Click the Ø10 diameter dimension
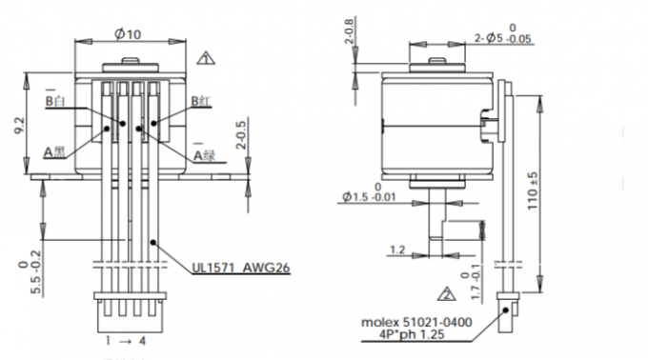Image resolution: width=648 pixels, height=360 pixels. [129, 35]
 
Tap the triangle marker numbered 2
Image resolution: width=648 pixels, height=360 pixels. [445, 291]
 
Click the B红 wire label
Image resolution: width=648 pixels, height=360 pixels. [202, 101]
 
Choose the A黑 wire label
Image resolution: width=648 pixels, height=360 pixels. [54, 150]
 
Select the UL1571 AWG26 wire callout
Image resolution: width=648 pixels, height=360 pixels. [239, 269]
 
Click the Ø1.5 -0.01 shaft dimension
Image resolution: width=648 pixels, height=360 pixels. [371, 196]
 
